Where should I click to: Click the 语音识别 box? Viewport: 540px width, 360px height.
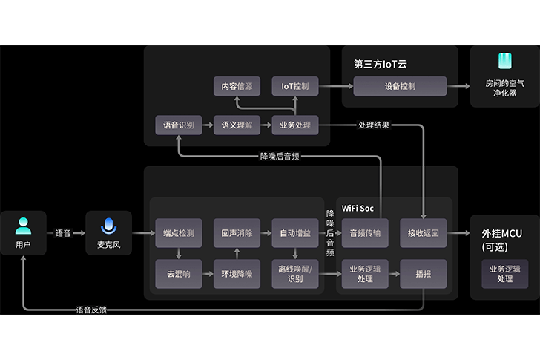click(x=178, y=125)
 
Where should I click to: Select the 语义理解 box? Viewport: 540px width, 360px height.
click(x=237, y=125)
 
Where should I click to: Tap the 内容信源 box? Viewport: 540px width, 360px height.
click(x=237, y=87)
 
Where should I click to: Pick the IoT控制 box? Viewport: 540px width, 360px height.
click(x=294, y=87)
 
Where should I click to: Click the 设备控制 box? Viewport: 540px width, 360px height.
click(x=400, y=86)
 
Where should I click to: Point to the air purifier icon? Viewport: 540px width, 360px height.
click(x=504, y=62)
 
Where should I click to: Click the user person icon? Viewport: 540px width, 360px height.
click(x=24, y=226)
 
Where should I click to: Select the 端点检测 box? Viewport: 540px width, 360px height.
click(x=178, y=233)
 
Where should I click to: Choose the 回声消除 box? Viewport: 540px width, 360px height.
click(x=237, y=233)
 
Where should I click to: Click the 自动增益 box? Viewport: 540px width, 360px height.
click(x=294, y=233)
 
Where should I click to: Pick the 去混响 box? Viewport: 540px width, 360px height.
click(x=178, y=274)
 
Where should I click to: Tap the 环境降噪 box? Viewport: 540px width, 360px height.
click(x=237, y=274)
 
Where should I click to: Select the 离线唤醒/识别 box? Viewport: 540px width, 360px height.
click(x=294, y=274)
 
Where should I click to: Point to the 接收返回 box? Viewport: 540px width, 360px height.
click(x=423, y=233)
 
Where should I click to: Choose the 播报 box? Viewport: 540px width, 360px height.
click(x=423, y=274)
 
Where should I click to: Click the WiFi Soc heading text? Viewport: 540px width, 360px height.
click(x=358, y=208)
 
